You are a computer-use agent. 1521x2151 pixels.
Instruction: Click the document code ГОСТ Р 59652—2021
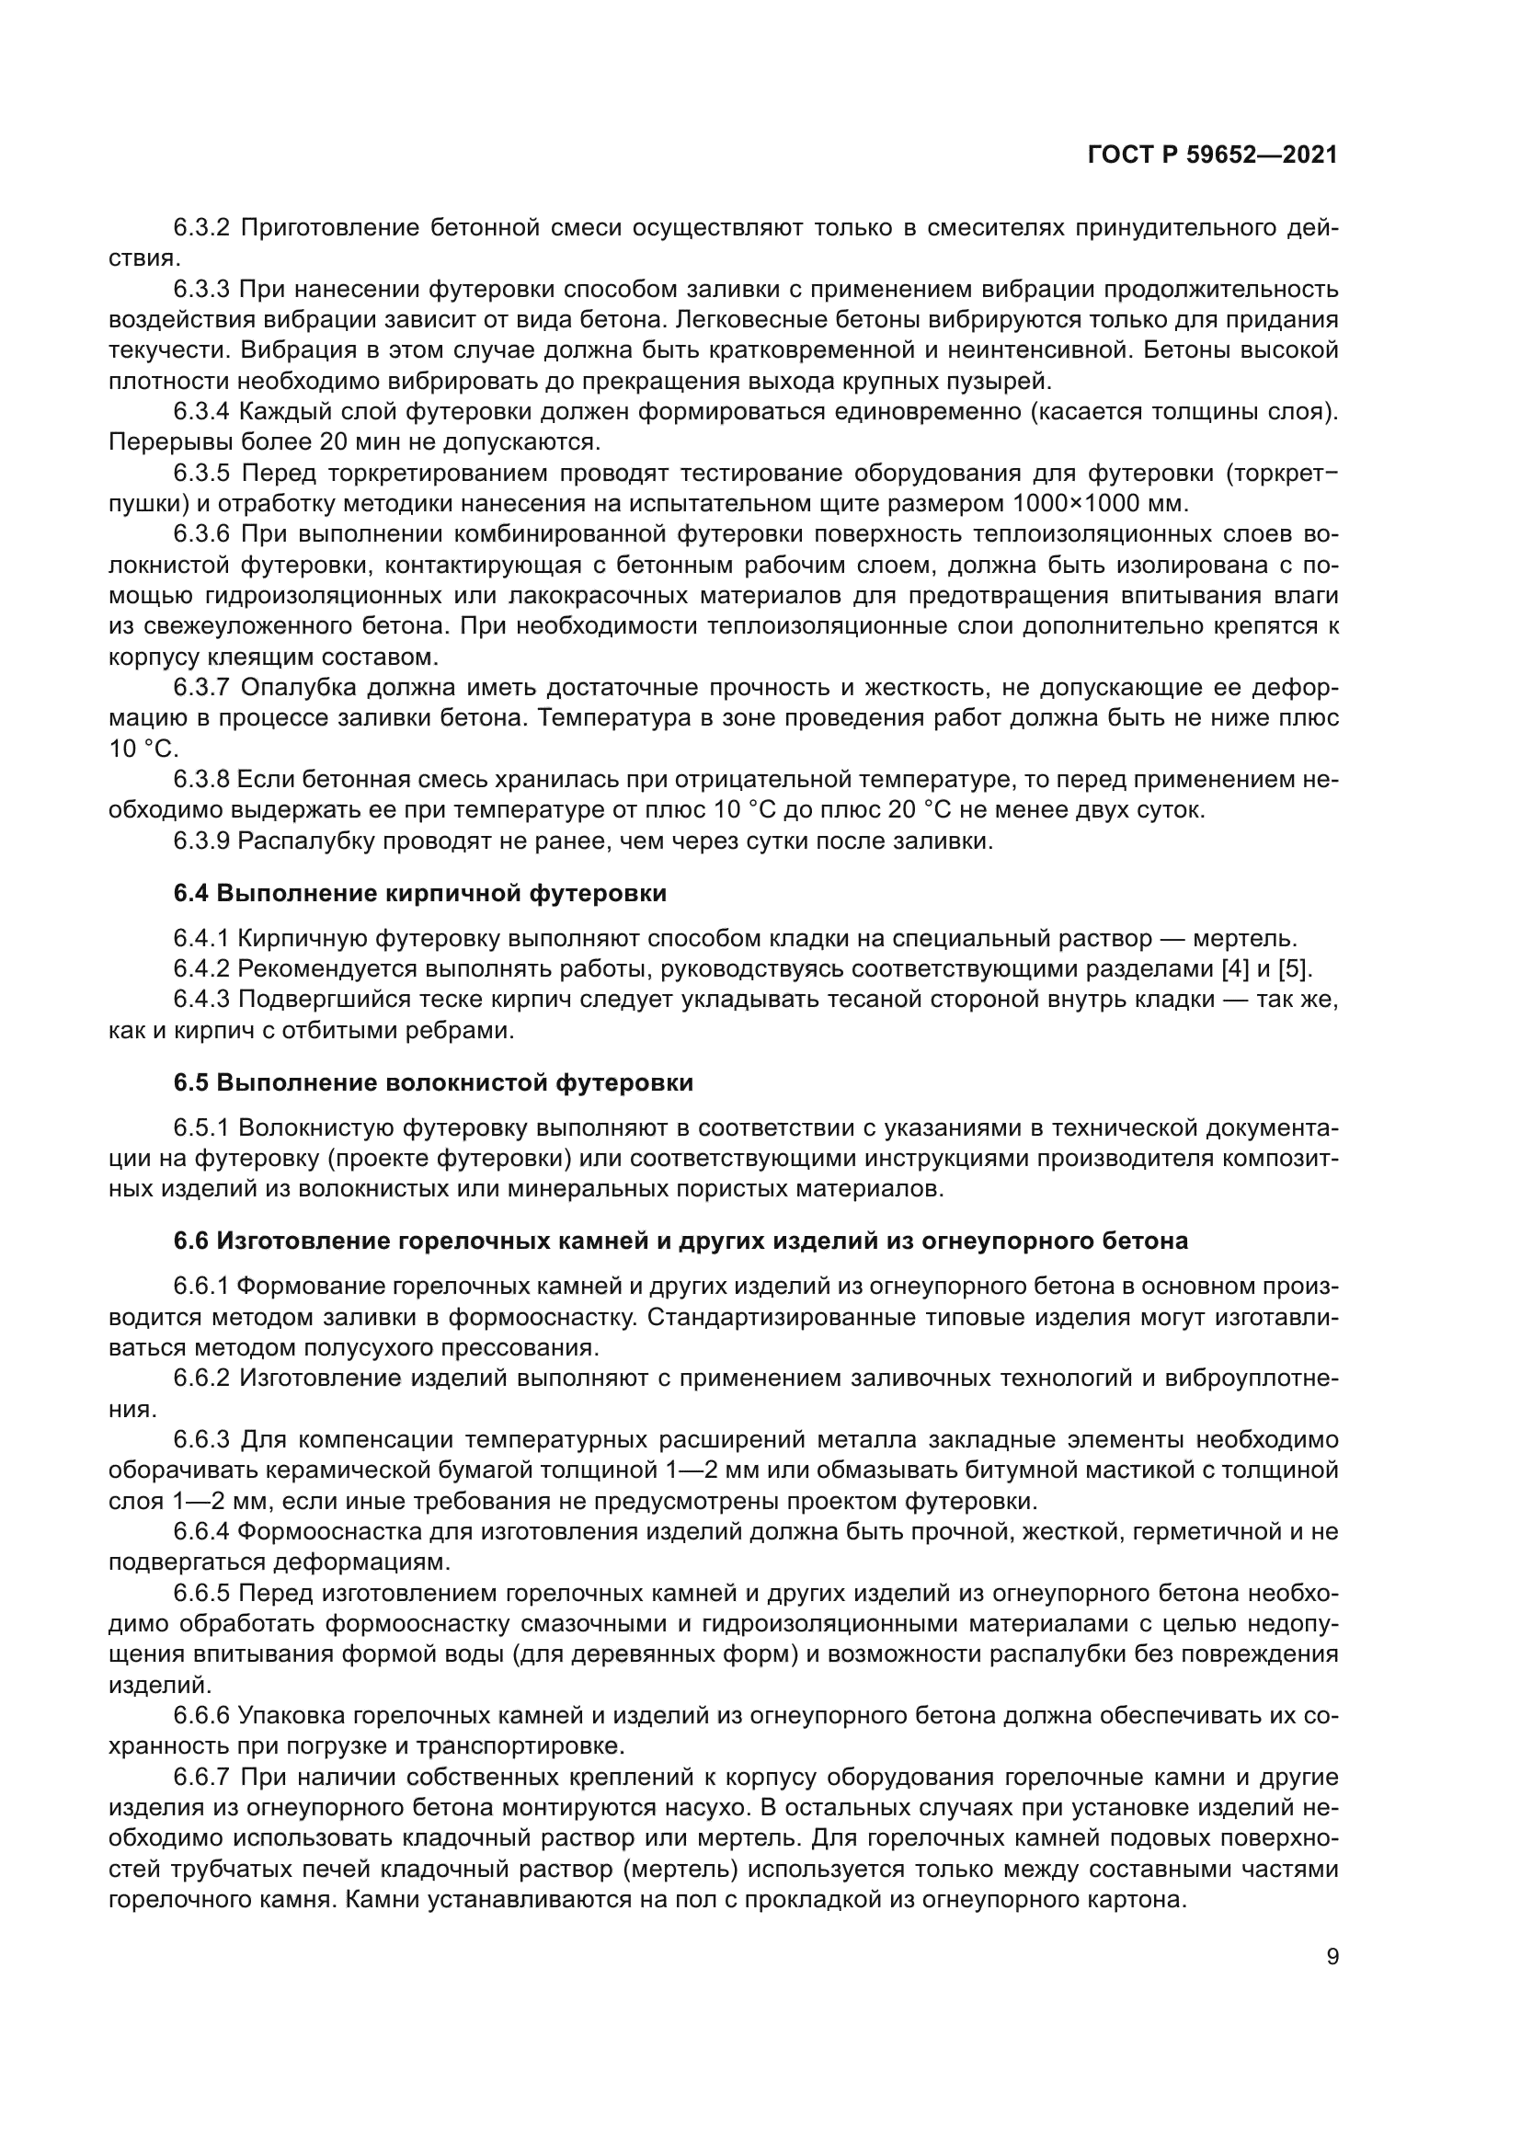coord(1212,154)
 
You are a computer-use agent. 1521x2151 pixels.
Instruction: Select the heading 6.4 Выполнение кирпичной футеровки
coord(419,893)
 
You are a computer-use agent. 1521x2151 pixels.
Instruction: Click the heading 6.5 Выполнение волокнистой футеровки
coord(433,1082)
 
